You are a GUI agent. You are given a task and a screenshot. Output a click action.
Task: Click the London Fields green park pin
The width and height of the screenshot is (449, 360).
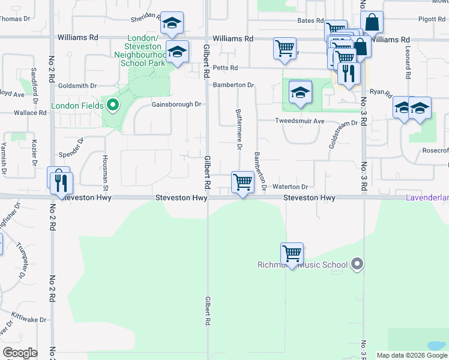(112, 106)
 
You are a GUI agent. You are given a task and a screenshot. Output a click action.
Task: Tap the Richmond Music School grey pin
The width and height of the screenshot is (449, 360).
(357, 264)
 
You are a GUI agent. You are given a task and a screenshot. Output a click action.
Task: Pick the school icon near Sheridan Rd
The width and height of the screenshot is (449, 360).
(172, 24)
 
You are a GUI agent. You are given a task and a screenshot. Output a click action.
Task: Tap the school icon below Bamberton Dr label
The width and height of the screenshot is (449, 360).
(300, 92)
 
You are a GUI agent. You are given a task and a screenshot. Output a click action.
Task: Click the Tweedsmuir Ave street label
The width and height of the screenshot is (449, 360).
(300, 121)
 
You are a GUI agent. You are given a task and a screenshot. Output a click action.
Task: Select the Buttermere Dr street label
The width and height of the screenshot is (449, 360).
(240, 129)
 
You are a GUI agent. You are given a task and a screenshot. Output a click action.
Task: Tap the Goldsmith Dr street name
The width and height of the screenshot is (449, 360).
(77, 86)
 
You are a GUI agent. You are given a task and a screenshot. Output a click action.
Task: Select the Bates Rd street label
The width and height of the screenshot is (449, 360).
(311, 20)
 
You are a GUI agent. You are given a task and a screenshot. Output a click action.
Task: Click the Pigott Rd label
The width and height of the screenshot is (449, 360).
(432, 19)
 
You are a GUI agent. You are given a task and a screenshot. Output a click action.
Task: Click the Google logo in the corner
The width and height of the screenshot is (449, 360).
(20, 353)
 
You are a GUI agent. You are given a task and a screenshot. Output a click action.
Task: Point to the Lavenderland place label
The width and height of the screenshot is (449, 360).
(427, 197)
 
